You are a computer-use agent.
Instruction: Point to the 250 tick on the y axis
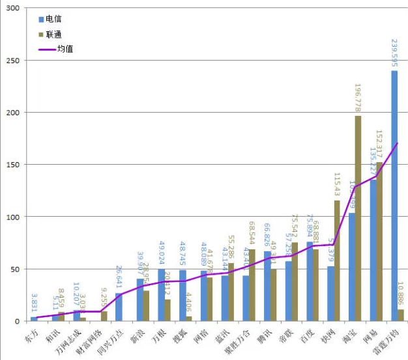(13, 61)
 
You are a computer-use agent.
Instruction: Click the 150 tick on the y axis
(13, 165)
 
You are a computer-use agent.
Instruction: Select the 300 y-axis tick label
(13, 8)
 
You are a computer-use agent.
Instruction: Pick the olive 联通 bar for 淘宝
(358, 218)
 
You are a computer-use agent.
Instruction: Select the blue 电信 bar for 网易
(373, 251)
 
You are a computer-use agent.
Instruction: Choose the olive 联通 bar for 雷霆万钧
(401, 315)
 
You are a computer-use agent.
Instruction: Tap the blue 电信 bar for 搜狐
(182, 296)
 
